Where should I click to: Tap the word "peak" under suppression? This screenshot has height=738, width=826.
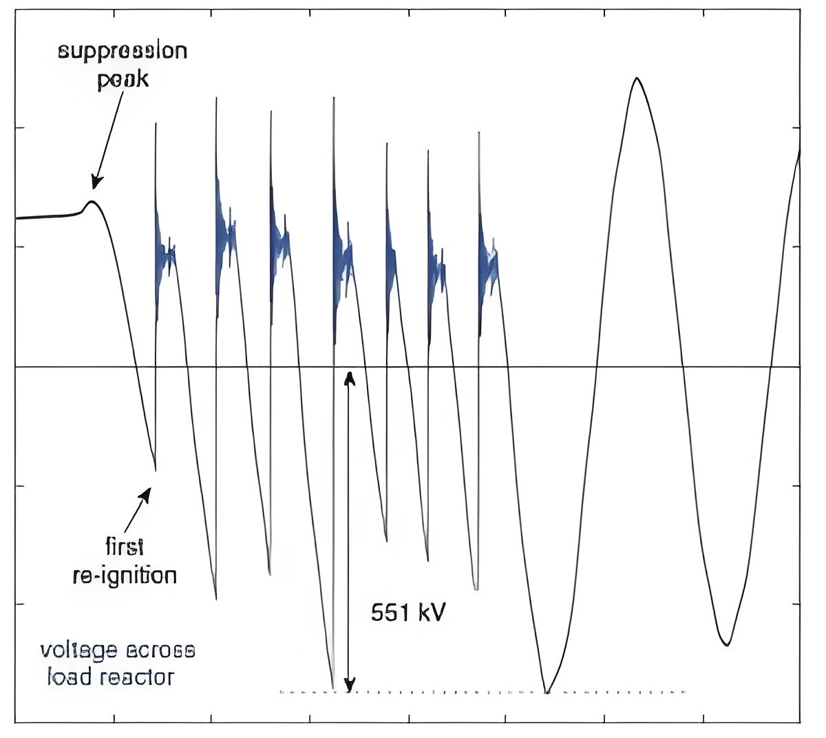click(123, 79)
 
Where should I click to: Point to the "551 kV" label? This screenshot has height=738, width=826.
click(408, 613)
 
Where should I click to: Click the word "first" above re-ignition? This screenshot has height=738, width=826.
click(125, 547)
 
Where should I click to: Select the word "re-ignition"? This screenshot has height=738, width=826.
click(125, 576)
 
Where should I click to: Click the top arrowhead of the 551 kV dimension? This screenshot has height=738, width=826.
click(350, 378)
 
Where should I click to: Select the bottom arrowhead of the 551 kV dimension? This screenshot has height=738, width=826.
click(350, 685)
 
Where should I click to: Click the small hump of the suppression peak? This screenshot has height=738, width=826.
click(92, 202)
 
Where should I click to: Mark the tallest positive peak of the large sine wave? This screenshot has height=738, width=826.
click(637, 78)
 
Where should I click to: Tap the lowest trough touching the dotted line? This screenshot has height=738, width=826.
click(547, 690)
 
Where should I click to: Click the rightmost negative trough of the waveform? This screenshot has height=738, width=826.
click(726, 644)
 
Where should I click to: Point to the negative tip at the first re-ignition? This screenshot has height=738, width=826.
click(156, 470)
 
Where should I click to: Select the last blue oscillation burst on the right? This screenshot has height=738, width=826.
click(487, 257)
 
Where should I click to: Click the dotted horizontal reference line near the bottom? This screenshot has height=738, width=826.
click(483, 692)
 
